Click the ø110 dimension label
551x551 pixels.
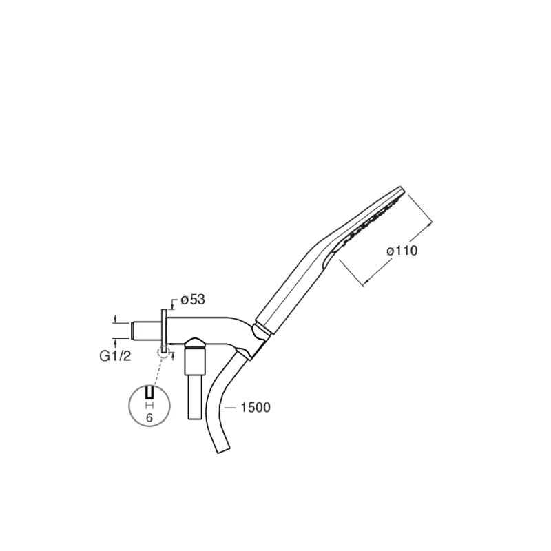tap(402, 251)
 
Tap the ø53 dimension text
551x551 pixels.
tap(193, 300)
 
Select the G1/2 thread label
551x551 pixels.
tap(115, 356)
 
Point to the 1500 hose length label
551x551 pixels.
tap(256, 408)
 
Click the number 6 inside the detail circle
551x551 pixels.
tap(149, 418)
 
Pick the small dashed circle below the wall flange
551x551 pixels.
tap(163, 351)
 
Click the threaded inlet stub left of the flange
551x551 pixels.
tap(146, 331)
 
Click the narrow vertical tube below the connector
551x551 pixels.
tap(194, 397)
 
